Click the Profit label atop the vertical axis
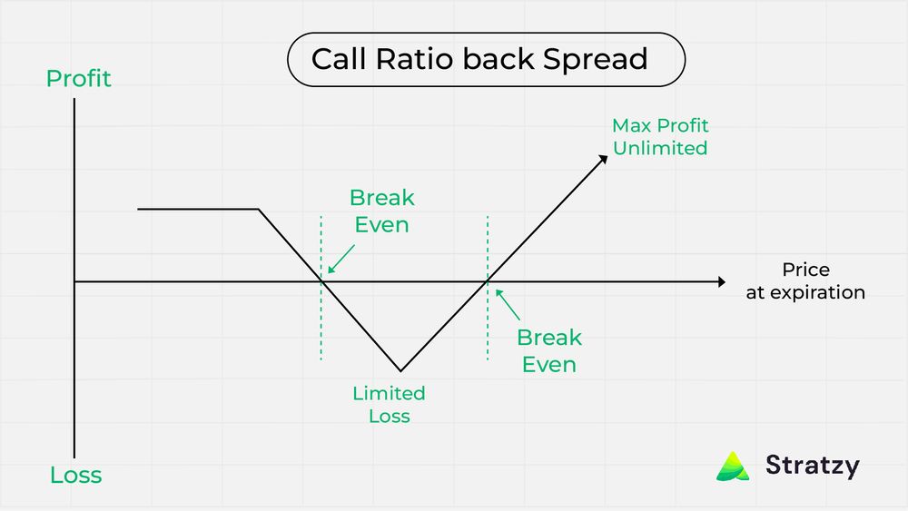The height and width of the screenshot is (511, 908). pos(78,79)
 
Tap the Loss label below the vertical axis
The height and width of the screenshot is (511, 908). pos(75,475)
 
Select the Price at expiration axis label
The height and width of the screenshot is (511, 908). pos(805,281)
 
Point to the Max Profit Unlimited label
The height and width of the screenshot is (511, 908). pos(660,137)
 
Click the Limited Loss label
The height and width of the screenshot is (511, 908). pos(389,405)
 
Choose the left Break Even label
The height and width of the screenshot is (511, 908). pos(381,211)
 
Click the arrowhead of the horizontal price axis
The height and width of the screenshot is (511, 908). pos(721,282)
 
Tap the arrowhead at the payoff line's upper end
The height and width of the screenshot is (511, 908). pos(602,158)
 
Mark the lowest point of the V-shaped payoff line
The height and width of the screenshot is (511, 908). pos(400,370)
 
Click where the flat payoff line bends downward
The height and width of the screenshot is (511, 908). pos(260,210)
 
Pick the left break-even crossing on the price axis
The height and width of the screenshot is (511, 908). pos(321,282)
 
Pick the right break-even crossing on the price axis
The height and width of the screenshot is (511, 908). pos(489,282)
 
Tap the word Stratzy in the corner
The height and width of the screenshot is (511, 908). pos(812,466)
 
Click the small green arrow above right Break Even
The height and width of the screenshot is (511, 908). pos(508,304)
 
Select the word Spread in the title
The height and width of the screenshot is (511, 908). pos(596,59)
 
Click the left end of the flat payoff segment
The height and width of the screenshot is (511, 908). pos(139,210)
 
